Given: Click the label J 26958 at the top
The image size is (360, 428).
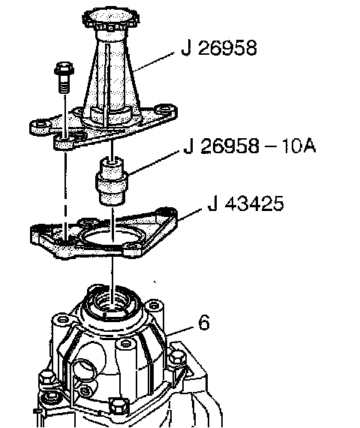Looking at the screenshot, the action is (x=219, y=48).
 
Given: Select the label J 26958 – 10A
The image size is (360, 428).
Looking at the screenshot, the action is (x=250, y=146).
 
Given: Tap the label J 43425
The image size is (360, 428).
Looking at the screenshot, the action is (x=245, y=203).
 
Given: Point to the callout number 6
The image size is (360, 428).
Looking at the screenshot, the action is (x=204, y=322).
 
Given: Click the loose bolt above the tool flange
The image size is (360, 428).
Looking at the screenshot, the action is (x=64, y=77).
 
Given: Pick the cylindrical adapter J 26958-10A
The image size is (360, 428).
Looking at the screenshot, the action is (x=111, y=181).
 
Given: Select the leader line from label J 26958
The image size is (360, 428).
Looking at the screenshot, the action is (x=154, y=62).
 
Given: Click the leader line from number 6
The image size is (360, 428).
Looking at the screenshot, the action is (x=181, y=330).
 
